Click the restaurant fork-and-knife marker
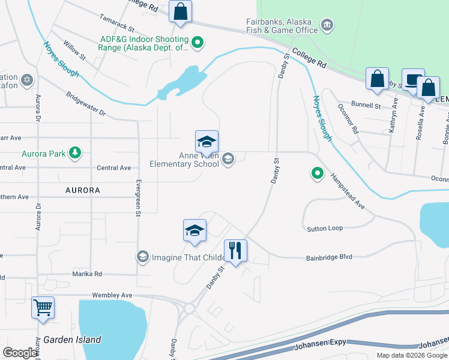pos(235,250)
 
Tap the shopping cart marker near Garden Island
pos(43,308)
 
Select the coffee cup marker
pos(412,79)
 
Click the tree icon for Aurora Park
pos(74,153)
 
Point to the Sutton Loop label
pos(325,229)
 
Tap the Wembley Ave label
pos(112,295)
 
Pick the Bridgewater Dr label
pos(86,104)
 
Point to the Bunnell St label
pos(366,106)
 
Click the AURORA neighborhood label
pos(83,190)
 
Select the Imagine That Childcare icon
pos(142,257)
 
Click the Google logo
pos(20,353)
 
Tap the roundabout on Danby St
pos(190,308)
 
